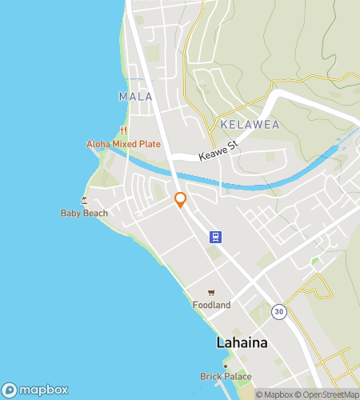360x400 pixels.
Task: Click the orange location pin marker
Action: [x=181, y=200]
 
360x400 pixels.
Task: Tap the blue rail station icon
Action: [x=214, y=236]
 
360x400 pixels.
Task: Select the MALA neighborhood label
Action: [x=134, y=97]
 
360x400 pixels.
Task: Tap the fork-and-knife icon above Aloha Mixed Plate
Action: [x=123, y=130]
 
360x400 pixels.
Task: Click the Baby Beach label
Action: [x=84, y=213]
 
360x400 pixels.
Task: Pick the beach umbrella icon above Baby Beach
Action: [x=84, y=200]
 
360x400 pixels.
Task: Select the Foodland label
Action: [x=211, y=305]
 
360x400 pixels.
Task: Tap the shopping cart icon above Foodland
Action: [x=211, y=293]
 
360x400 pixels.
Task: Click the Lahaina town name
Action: [x=242, y=342]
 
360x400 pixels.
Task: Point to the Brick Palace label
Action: [x=226, y=377]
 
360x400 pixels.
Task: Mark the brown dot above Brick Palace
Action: [x=226, y=366]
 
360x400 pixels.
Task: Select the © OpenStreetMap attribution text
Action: [x=330, y=394]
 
